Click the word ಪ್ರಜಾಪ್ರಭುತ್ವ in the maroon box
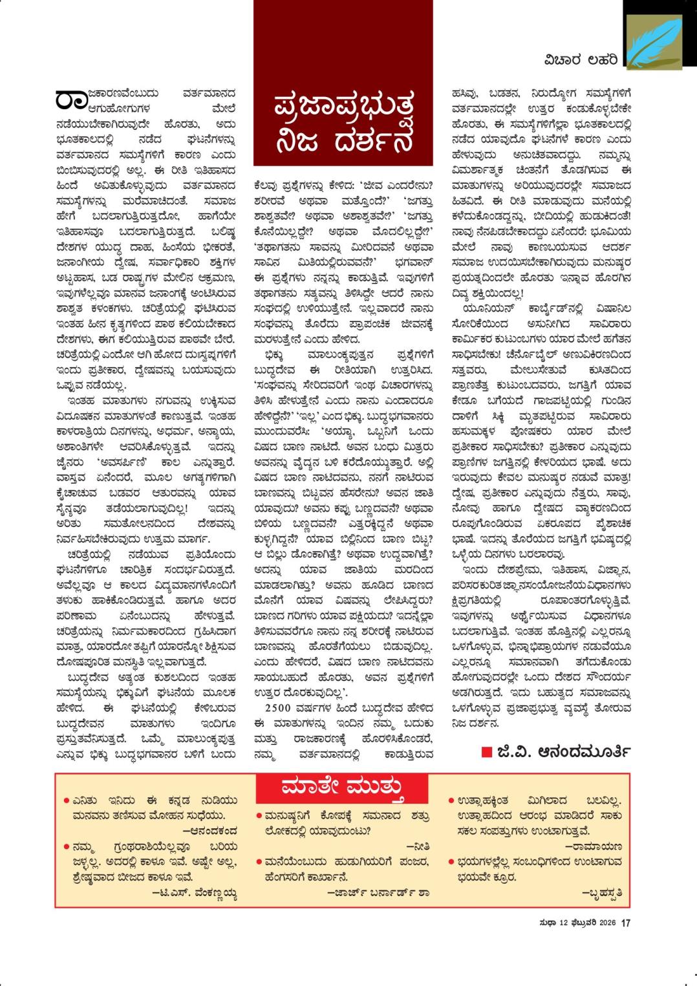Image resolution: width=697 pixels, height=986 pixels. pos(343,104)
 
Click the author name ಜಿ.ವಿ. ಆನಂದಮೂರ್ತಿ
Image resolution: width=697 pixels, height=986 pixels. pos(564,752)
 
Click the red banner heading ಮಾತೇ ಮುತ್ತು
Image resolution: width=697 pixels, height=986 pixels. pos(343,789)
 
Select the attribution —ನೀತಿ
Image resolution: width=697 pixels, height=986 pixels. pos(418,846)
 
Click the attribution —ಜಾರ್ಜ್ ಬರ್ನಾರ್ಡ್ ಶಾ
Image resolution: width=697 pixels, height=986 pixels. pos(378,892)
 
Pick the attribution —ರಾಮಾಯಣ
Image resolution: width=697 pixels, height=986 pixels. pos(593,845)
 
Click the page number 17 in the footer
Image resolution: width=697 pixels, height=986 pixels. pos(625,923)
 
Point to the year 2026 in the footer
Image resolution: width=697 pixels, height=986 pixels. pos(606,923)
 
